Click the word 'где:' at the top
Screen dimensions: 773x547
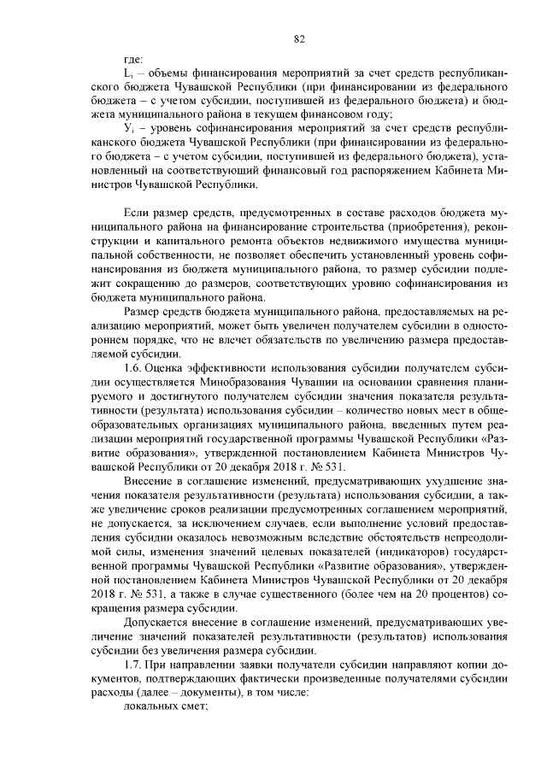133,60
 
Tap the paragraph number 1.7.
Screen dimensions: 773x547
135,665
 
